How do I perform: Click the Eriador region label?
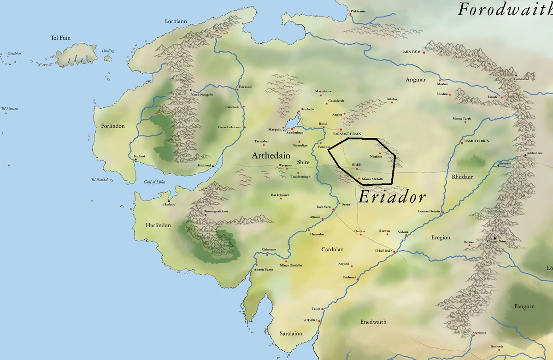point(392,197)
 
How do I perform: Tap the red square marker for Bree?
point(356,169)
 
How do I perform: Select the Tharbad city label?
point(383,251)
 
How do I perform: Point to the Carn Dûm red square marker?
point(424,53)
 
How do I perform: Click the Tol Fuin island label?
point(60,38)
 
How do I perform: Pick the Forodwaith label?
point(505,9)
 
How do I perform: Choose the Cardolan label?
point(333,249)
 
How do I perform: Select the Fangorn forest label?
point(524,307)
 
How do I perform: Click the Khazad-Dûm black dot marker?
point(494,238)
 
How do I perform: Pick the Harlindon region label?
point(158,225)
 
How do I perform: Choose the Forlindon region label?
point(112,126)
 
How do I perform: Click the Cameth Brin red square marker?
point(462,143)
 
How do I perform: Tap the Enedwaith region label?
point(373,322)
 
